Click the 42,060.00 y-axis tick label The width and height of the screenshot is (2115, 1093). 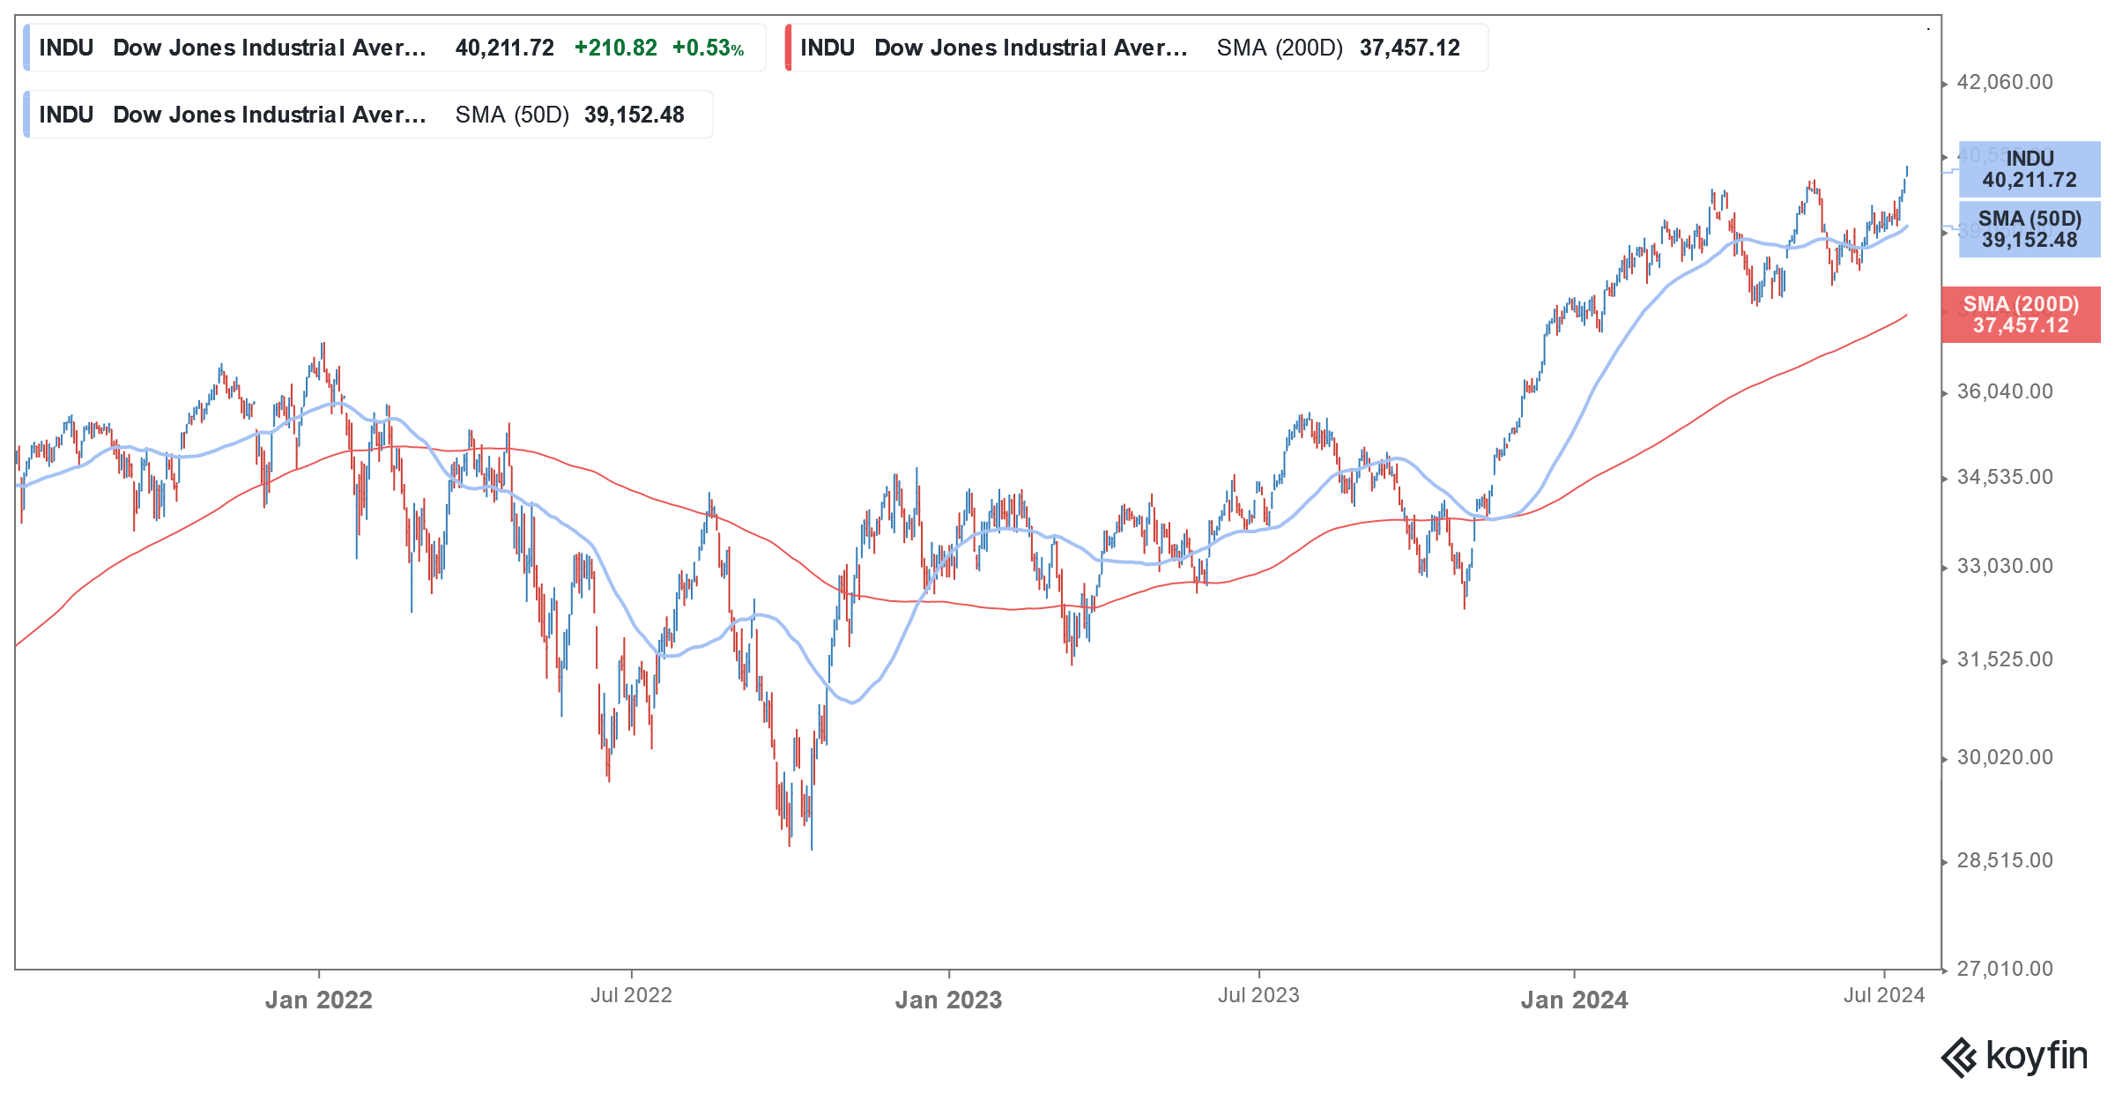coord(2004,83)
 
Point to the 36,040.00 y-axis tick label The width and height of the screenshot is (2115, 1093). coord(2004,391)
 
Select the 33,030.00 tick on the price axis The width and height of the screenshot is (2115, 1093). coord(2004,566)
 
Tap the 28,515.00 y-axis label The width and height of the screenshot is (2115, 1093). coord(2004,860)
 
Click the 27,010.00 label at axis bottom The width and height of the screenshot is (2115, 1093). coord(2004,969)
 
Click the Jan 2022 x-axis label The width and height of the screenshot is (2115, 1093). coord(318,1000)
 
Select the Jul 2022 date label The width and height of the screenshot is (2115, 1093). coord(631,995)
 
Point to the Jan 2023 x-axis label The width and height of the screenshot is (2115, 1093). coord(948,1000)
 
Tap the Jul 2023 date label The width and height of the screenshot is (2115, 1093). coord(1258,995)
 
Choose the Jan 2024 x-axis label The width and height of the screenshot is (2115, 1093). coord(1574,1000)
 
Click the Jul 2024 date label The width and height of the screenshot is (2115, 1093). coord(1884,995)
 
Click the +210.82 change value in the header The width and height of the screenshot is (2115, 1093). coord(615,48)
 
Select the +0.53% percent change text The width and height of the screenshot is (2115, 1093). coord(708,48)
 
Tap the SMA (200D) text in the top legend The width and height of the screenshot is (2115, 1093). coord(1280,48)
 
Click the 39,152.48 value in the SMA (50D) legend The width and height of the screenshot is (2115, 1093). coord(634,115)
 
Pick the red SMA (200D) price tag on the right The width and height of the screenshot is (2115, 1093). coord(2020,315)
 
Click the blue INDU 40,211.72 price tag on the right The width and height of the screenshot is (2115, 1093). coord(2029,169)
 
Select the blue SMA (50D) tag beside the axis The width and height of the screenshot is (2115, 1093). coord(2029,229)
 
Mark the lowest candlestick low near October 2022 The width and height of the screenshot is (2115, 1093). coord(811,848)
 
